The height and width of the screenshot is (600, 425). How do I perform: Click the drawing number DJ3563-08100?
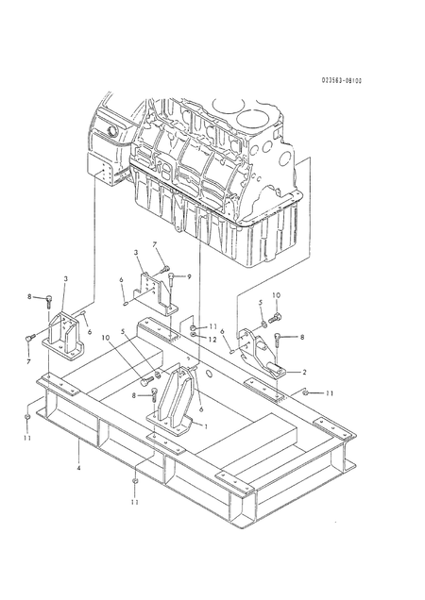coord(342,80)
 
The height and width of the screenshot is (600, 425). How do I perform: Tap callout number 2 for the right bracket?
coord(304,373)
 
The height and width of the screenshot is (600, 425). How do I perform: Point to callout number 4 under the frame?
coord(78,467)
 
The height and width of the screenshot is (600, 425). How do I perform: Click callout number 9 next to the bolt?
coord(189,275)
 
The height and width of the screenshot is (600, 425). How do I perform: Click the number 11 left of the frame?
coord(27,439)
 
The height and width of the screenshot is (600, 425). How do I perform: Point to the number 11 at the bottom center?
coord(136,502)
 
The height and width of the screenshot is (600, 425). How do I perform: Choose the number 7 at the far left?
coord(28,360)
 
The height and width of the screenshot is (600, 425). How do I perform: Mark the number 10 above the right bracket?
coord(277,295)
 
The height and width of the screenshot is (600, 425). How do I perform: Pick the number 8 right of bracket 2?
coord(302,337)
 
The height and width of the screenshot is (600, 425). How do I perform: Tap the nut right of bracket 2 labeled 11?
coord(308,391)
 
